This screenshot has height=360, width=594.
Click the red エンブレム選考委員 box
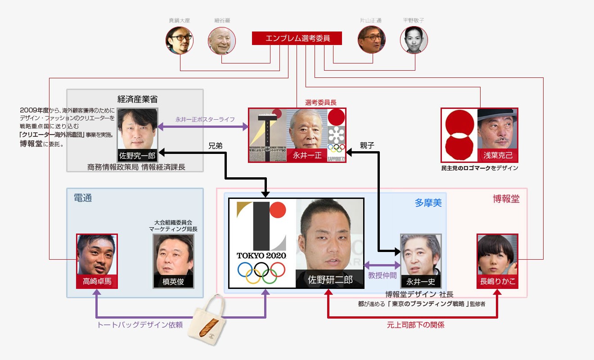coord(297,39)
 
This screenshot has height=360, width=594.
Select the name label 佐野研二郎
coord(330,279)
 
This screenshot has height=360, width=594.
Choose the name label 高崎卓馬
coord(97,282)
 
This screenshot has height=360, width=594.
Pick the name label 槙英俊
coord(173,282)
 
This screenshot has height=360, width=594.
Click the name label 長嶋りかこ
coord(497,282)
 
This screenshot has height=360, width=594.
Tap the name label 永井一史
coord(421,282)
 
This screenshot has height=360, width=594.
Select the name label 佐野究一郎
coord(137,156)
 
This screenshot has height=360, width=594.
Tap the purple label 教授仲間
coord(382,275)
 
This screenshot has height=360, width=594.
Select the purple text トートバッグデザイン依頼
coord(140,324)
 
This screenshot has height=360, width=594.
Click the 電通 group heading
coord(83,198)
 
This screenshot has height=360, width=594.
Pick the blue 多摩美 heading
coord(428,203)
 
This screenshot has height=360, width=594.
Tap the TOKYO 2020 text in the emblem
coord(261,256)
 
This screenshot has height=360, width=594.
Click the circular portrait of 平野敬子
coord(414,40)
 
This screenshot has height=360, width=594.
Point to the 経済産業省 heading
coord(135,99)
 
